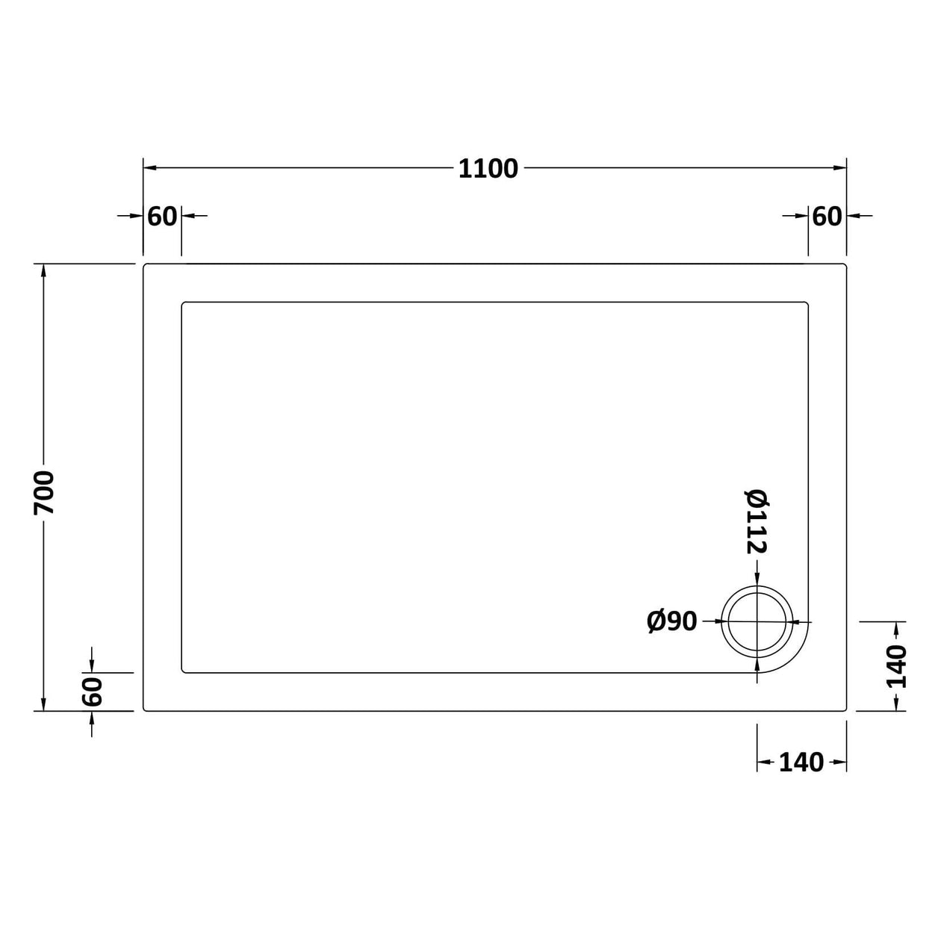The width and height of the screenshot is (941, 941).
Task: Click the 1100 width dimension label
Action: click(x=488, y=169)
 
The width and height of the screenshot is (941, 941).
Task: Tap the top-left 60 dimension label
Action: click(x=162, y=216)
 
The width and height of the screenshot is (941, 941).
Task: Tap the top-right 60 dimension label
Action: click(x=827, y=216)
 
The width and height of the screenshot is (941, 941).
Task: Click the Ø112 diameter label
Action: click(x=757, y=521)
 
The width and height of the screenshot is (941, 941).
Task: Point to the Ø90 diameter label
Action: click(x=671, y=621)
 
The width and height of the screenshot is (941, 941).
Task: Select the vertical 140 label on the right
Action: click(x=895, y=666)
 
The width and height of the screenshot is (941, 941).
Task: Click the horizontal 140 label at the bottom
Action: click(x=801, y=763)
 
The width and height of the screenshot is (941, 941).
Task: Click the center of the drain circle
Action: click(x=757, y=621)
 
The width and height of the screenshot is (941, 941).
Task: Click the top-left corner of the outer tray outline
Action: click(x=145, y=265)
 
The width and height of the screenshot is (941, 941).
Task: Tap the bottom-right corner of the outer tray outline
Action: click(x=845, y=709)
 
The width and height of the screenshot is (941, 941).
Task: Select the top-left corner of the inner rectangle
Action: click(x=183, y=303)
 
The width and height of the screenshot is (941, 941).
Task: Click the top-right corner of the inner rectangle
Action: click(x=807, y=303)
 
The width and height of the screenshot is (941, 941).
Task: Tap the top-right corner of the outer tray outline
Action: click(x=845, y=265)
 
